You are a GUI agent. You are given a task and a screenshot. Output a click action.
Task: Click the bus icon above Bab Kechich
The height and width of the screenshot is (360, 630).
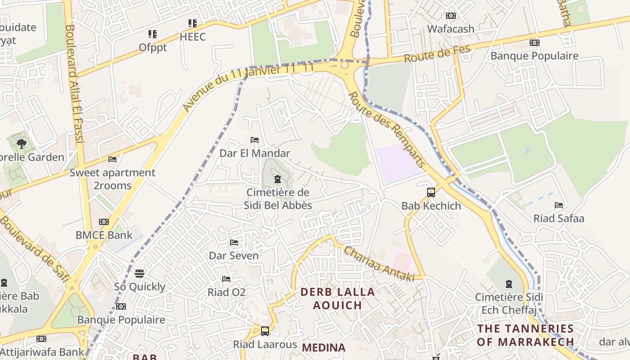pyautogui.click(x=431, y=193)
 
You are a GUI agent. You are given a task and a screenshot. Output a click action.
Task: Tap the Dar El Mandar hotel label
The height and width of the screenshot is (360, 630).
pyautogui.click(x=255, y=153)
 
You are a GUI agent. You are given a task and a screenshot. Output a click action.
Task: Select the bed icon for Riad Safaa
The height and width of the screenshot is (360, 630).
pyautogui.click(x=559, y=205)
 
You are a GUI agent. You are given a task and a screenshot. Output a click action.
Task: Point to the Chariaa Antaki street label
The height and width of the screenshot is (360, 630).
pyautogui.click(x=379, y=265)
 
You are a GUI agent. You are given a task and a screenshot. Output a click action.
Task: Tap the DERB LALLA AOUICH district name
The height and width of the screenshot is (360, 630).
pyautogui.click(x=337, y=298)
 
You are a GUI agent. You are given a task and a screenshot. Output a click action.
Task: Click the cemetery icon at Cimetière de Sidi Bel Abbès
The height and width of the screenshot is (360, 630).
pyautogui.click(x=278, y=180)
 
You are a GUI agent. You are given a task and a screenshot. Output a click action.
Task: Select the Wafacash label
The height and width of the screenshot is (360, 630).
pyautogui.click(x=450, y=29)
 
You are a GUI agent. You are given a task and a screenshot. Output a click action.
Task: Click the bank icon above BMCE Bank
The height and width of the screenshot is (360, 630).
pyautogui.click(x=104, y=222)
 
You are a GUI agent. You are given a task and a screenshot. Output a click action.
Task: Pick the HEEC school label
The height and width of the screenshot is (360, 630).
pyautogui.click(x=193, y=37)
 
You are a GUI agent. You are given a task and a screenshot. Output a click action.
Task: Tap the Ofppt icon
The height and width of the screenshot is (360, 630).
pyautogui.click(x=153, y=34)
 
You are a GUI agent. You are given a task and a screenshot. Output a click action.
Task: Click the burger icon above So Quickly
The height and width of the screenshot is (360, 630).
pyautogui.click(x=139, y=274)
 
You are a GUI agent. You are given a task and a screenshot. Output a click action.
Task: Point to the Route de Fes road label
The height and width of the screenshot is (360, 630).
pyautogui.click(x=437, y=54)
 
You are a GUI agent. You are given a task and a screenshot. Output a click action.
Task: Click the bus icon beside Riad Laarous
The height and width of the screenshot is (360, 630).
pyautogui.click(x=265, y=331)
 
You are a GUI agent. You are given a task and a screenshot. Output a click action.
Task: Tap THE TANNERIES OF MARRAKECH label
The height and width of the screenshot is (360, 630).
pyautogui.click(x=525, y=335)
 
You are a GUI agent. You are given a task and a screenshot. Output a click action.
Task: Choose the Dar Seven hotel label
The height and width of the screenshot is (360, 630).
pyautogui.click(x=234, y=256)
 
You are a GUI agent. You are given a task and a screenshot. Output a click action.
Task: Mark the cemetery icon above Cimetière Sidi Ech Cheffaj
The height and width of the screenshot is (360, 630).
pyautogui.click(x=508, y=284)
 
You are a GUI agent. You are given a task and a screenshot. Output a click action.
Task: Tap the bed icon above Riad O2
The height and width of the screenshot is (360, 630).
pyautogui.click(x=226, y=279)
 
